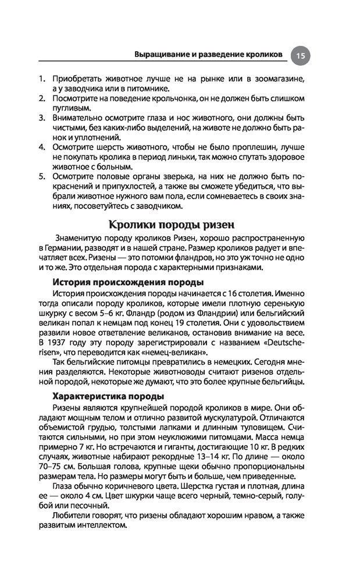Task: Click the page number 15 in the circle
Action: [x=300, y=55]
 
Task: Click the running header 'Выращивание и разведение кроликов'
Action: [x=208, y=54]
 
